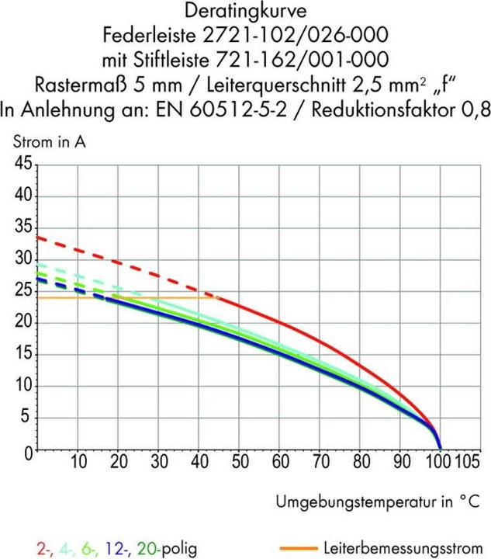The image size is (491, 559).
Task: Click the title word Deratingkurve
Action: (x=245, y=11)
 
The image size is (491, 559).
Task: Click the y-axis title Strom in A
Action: (x=47, y=141)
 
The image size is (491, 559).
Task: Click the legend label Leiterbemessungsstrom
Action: (x=408, y=547)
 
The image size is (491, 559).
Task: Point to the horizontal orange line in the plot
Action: (x=116, y=298)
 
